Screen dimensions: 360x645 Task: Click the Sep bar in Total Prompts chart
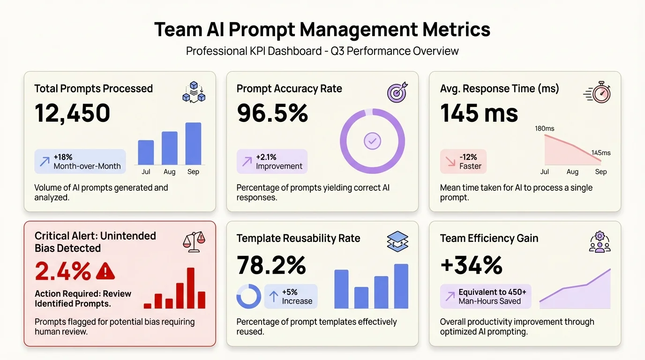(193, 143)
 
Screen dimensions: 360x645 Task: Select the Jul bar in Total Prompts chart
(146, 152)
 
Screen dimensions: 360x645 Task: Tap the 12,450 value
(73, 113)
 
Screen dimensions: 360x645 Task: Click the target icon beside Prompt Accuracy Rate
(397, 92)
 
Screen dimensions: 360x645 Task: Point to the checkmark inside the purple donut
(372, 141)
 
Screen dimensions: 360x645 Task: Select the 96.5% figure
(272, 113)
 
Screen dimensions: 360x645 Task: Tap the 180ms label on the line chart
(544, 128)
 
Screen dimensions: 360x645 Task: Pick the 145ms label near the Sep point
(601, 153)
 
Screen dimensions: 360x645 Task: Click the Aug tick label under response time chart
(572, 172)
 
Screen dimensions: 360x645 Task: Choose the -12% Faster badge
(463, 161)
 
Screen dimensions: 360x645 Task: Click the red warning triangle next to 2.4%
(105, 271)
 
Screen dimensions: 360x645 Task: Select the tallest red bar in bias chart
(191, 288)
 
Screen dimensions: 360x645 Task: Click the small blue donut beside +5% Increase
(248, 296)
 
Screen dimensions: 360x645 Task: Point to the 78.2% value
(271, 265)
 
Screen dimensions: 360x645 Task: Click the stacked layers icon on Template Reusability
(397, 241)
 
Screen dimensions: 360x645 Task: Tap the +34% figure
(471, 265)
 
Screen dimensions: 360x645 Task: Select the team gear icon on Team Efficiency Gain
(600, 241)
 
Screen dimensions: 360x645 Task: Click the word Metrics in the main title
(456, 30)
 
